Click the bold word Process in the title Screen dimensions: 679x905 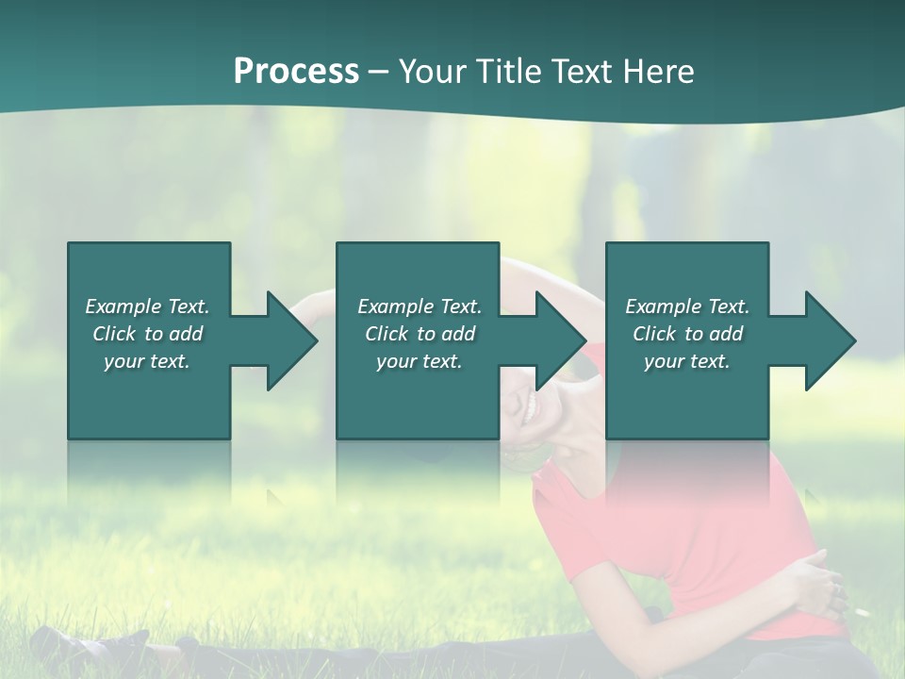tap(296, 72)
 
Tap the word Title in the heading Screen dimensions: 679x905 tap(508, 72)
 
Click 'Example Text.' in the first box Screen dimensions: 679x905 tap(147, 306)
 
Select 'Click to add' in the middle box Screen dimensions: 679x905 tap(420, 334)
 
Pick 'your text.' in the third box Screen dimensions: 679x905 tap(686, 361)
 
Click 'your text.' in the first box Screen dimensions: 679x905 tap(147, 361)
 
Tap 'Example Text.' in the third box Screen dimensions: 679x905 tap(687, 306)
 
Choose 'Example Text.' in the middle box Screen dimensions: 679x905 tap(420, 306)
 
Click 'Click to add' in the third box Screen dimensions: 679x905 tap(687, 334)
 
